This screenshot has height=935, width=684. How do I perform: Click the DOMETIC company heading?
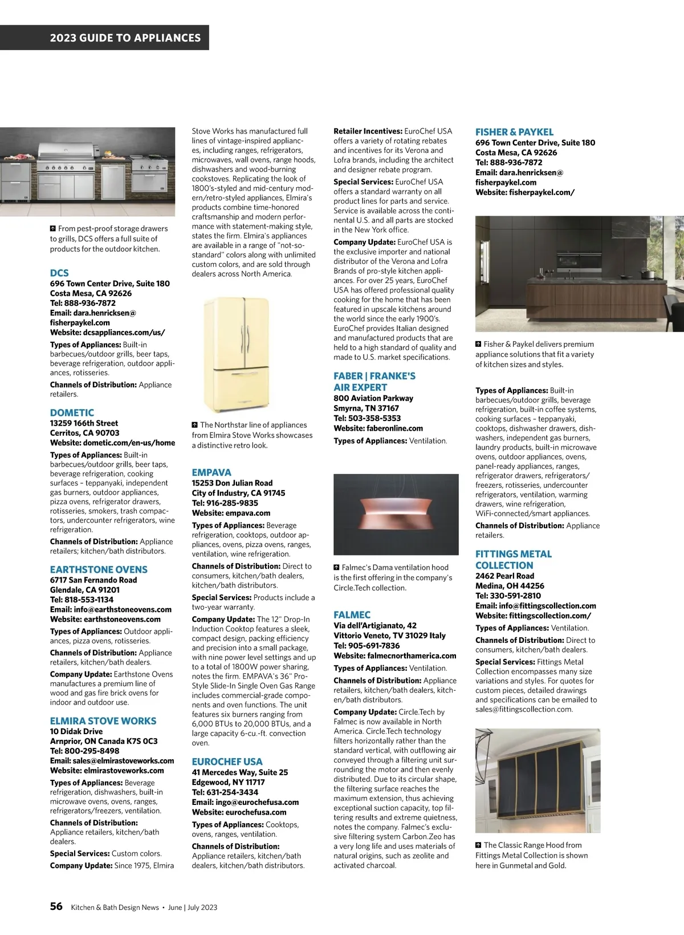(72, 412)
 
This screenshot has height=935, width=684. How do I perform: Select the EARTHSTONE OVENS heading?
(99, 569)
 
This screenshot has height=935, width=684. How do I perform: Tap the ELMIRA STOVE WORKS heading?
(103, 721)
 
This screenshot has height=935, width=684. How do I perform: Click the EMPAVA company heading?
(211, 472)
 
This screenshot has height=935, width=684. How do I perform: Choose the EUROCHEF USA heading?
(227, 762)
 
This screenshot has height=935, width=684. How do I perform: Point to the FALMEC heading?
(352, 615)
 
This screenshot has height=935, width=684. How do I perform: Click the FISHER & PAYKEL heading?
(514, 132)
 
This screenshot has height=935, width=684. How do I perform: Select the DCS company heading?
(59, 273)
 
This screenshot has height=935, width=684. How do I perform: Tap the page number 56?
(56, 906)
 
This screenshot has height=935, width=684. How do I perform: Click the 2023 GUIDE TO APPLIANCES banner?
(125, 38)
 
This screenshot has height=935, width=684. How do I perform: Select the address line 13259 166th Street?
(84, 423)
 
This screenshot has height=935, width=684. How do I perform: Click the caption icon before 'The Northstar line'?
(195, 425)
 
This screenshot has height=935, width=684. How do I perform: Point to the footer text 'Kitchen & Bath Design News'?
(115, 908)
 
